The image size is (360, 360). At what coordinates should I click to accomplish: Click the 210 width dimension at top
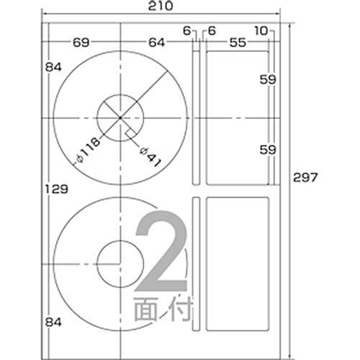tap(161, 6)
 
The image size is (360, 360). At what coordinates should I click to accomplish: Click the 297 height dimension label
tap(305, 178)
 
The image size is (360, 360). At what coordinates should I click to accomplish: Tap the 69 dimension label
tap(81, 42)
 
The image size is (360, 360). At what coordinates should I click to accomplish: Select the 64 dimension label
tap(157, 42)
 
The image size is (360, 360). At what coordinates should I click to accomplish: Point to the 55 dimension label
tap(238, 42)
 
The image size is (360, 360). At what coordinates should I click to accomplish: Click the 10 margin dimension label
tap(261, 31)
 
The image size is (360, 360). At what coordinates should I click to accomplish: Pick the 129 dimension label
tap(57, 189)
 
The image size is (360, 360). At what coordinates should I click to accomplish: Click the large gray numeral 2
tap(161, 251)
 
